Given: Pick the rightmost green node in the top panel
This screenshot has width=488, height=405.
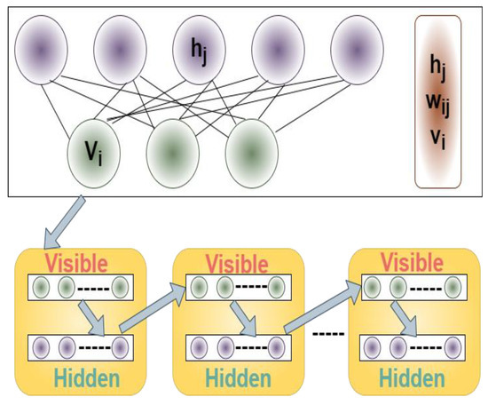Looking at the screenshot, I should click(x=251, y=150).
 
